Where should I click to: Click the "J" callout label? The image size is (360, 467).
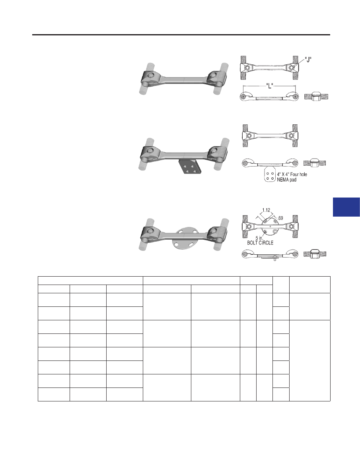point(308,60)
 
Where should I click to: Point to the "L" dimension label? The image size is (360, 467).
point(269,86)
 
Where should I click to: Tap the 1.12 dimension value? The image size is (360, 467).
point(266,210)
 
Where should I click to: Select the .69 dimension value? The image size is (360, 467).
point(280,218)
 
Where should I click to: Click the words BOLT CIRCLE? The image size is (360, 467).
point(260,243)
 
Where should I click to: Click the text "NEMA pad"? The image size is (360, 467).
point(287,180)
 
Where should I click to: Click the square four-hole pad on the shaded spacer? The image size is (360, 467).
point(190,167)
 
